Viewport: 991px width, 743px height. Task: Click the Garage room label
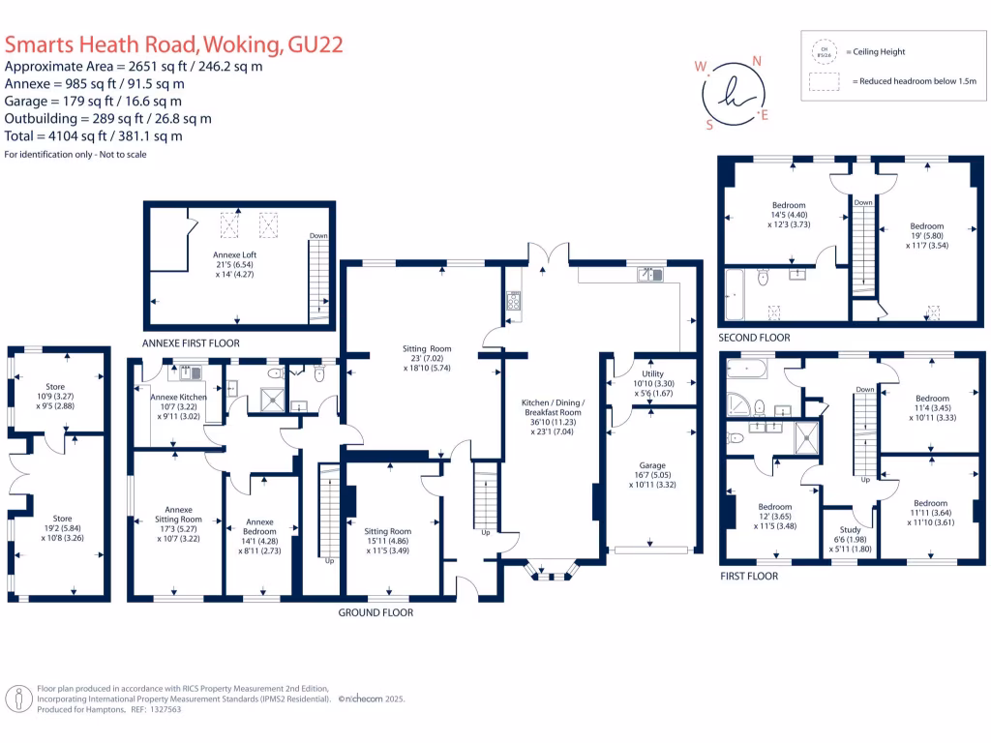(649, 464)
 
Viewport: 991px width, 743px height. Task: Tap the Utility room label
(651, 373)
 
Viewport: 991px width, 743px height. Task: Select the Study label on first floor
(850, 529)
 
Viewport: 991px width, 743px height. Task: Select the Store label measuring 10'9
(55, 387)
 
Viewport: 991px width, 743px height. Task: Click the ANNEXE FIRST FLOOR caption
(191, 343)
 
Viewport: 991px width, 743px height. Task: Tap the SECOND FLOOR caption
(754, 338)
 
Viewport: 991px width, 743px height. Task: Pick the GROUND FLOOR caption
(375, 612)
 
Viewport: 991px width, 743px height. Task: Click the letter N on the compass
(757, 61)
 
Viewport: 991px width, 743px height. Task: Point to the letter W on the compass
(700, 68)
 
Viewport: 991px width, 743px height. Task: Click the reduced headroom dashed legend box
(825, 82)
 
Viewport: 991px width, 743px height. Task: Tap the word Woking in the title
(244, 44)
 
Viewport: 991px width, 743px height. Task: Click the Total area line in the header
(94, 135)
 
